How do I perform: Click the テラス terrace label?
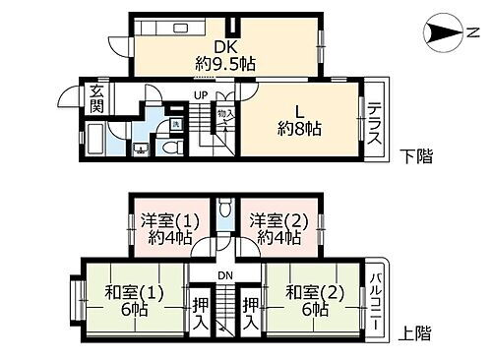374,124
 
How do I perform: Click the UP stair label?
201,95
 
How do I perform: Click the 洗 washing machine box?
173,123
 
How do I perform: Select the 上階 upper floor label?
417,333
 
